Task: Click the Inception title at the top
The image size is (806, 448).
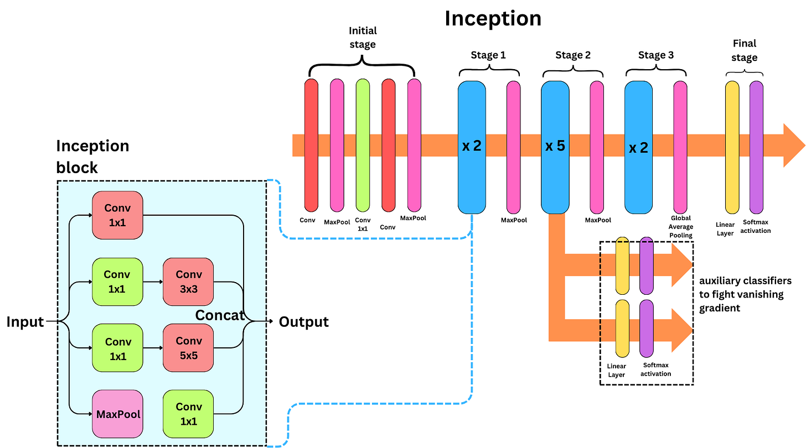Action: [493, 19]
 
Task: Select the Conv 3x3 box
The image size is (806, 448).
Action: [188, 282]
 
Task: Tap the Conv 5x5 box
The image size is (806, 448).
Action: [188, 348]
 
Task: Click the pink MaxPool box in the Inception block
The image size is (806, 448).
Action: [117, 414]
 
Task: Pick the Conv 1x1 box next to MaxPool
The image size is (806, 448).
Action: [188, 414]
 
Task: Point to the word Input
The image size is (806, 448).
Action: [25, 322]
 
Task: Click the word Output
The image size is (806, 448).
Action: [303, 322]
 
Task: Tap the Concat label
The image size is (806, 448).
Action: [220, 315]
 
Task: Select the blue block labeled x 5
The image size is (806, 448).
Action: [555, 147]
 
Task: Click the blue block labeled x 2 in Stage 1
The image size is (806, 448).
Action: [472, 147]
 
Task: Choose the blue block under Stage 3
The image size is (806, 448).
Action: [639, 147]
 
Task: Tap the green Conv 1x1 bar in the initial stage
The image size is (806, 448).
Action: [363, 145]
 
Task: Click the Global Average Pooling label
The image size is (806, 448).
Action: [681, 227]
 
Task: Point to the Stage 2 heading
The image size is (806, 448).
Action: [573, 55]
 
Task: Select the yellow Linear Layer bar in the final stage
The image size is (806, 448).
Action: [732, 147]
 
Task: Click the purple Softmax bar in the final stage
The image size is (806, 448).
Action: [756, 147]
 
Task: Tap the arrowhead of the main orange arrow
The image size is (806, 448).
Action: [793, 146]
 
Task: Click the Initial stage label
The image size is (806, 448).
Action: [363, 37]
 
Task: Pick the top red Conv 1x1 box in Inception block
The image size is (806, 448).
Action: [117, 215]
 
